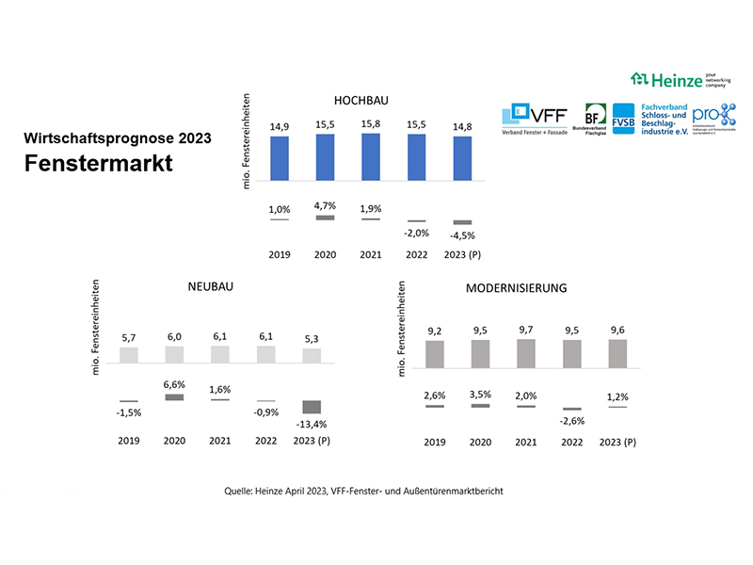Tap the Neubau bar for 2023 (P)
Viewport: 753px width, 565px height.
[x=312, y=356]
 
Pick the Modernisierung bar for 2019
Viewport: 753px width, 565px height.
[x=434, y=353]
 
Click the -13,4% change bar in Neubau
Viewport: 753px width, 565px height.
[x=312, y=407]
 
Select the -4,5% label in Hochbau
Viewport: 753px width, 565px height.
[x=460, y=235]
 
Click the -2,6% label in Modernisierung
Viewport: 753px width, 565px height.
[x=571, y=421]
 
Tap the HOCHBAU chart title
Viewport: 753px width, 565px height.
[x=361, y=100]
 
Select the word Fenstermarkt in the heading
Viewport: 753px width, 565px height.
[x=99, y=164]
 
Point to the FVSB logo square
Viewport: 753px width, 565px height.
[x=623, y=117]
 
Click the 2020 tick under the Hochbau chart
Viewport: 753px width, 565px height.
[x=325, y=254]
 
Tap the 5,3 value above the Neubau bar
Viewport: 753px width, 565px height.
[x=312, y=338]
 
